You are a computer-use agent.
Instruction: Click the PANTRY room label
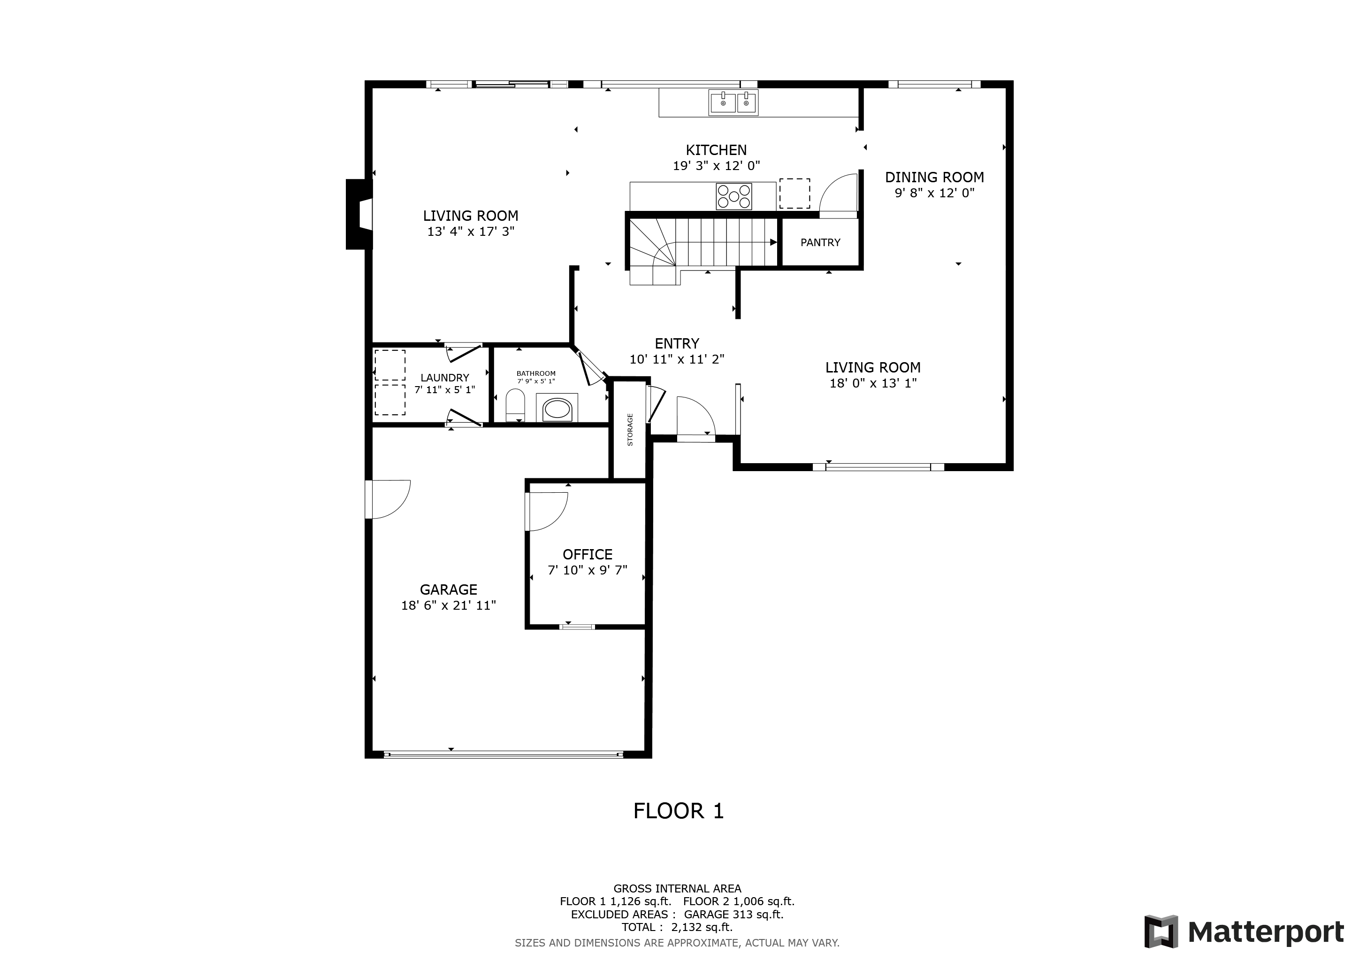[x=820, y=242]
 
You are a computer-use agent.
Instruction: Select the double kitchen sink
[x=733, y=103]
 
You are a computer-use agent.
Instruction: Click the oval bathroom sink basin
[x=557, y=409]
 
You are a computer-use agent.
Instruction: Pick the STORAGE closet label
[x=630, y=429]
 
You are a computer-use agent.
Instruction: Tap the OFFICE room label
[x=587, y=554]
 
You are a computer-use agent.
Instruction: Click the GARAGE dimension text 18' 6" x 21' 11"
[x=448, y=605]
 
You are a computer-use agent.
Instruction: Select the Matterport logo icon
[x=1160, y=932]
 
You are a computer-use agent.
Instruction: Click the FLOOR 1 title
[x=678, y=811]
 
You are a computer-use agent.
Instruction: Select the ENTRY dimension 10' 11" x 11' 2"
[x=677, y=359]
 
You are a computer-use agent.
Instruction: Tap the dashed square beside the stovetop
[x=794, y=193]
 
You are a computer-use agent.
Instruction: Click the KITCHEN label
[x=716, y=150]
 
